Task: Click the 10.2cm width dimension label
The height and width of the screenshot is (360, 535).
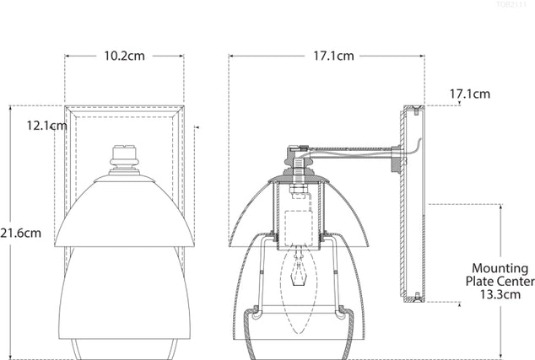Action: [x=125, y=57]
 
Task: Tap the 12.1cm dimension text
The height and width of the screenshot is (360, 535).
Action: [x=46, y=126]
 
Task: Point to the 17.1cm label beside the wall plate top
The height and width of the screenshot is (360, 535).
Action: [x=469, y=94]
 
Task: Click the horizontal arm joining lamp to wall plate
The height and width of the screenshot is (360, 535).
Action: [x=354, y=155]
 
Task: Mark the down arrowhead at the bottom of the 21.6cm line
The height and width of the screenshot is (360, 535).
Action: [x=10, y=354]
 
